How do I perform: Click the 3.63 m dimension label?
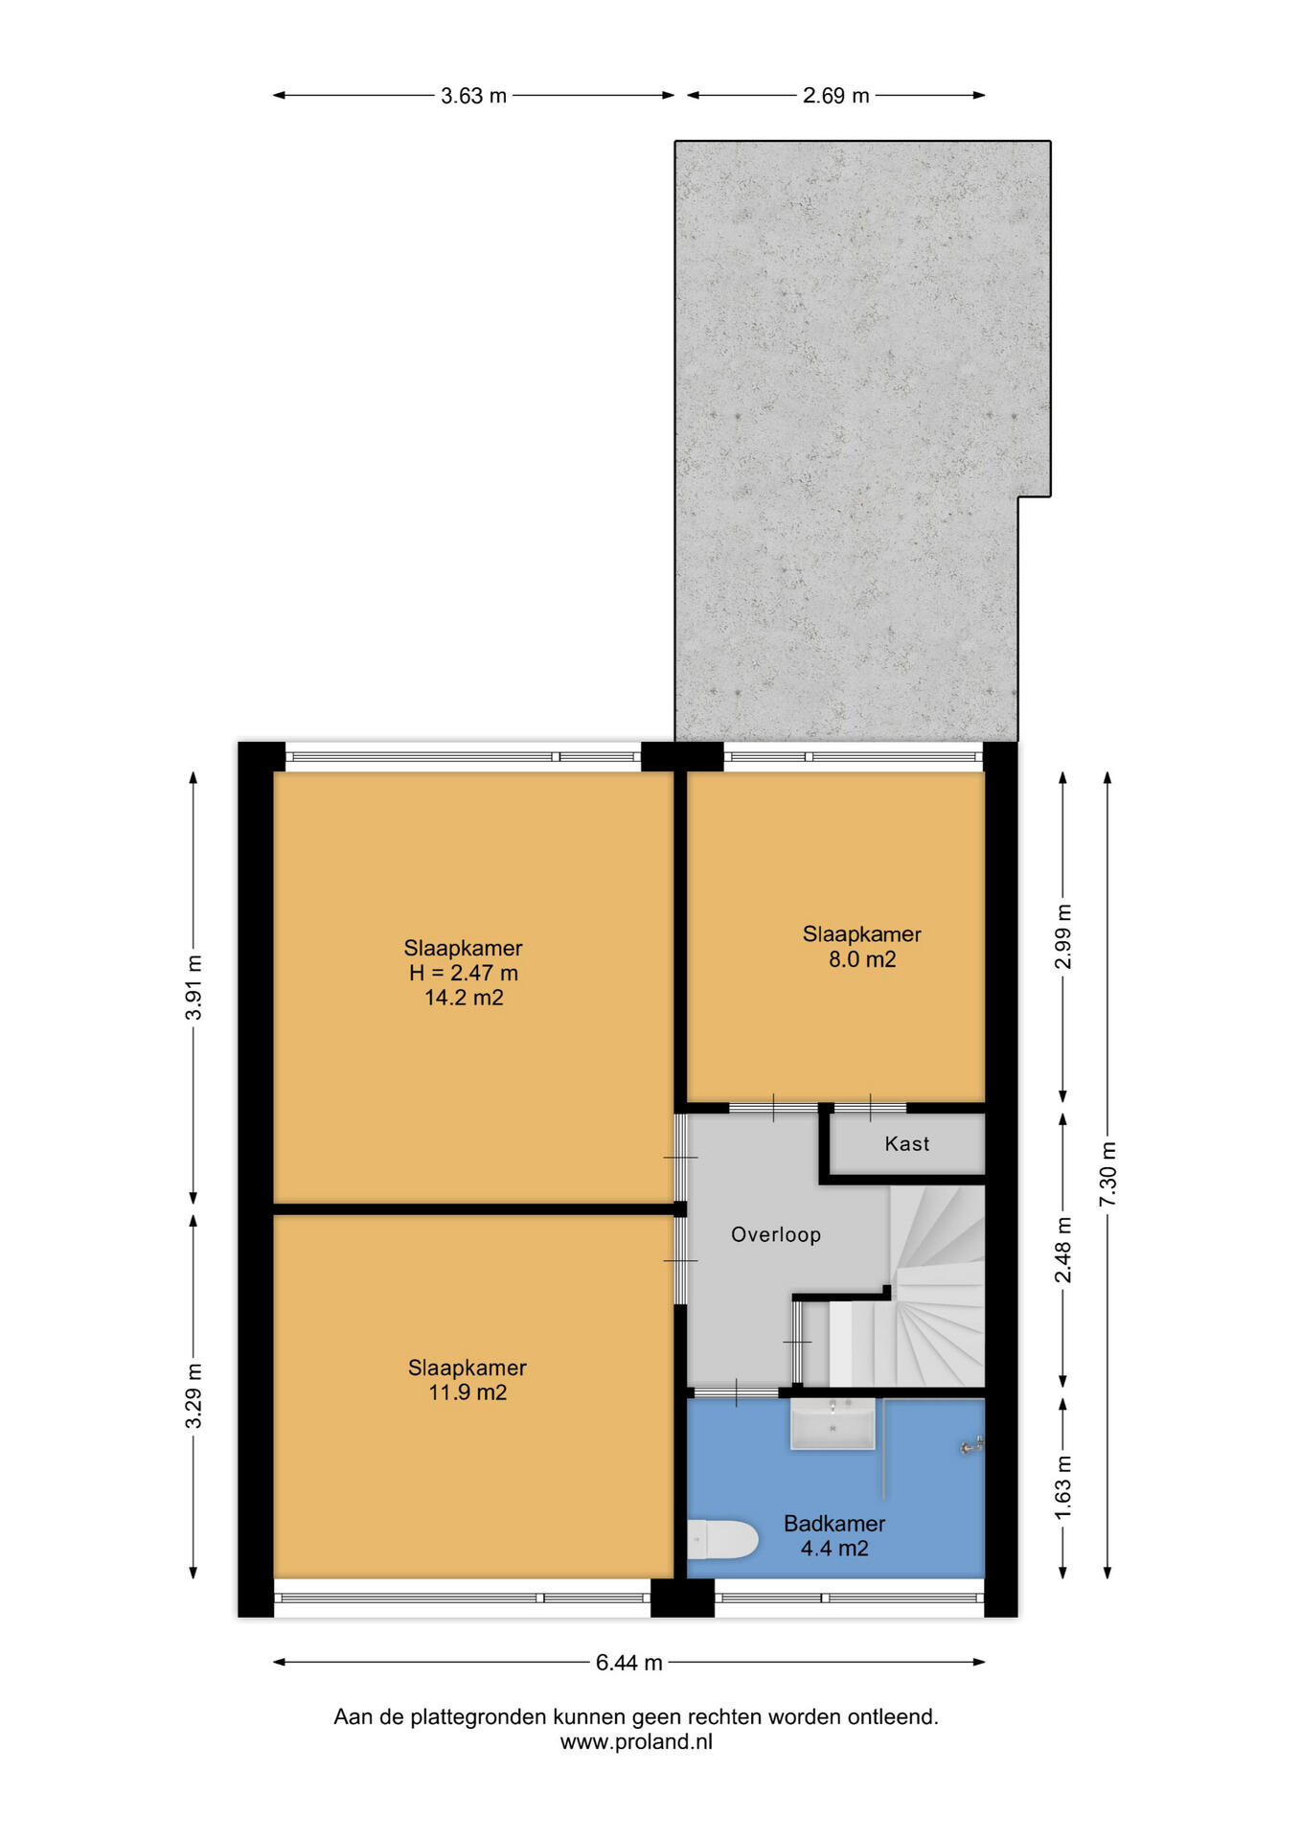473,96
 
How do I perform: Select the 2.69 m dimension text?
835,96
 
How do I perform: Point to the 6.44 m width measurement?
629,1663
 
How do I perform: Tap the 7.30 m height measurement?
1108,1175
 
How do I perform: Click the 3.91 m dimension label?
194,987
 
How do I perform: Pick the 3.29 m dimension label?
194,1395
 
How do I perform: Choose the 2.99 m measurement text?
1063,936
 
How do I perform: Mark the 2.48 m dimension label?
1063,1250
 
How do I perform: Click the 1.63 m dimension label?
1063,1486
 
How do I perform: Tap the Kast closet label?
907,1143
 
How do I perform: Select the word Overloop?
776,1234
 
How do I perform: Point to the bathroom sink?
833,1423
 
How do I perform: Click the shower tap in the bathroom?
972,1446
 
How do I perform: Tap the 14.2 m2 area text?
465,998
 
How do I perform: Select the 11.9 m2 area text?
468,1392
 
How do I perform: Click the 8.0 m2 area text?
862,959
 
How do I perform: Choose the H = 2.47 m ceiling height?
464,973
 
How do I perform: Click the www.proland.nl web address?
636,1742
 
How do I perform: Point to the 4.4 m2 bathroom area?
834,1548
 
